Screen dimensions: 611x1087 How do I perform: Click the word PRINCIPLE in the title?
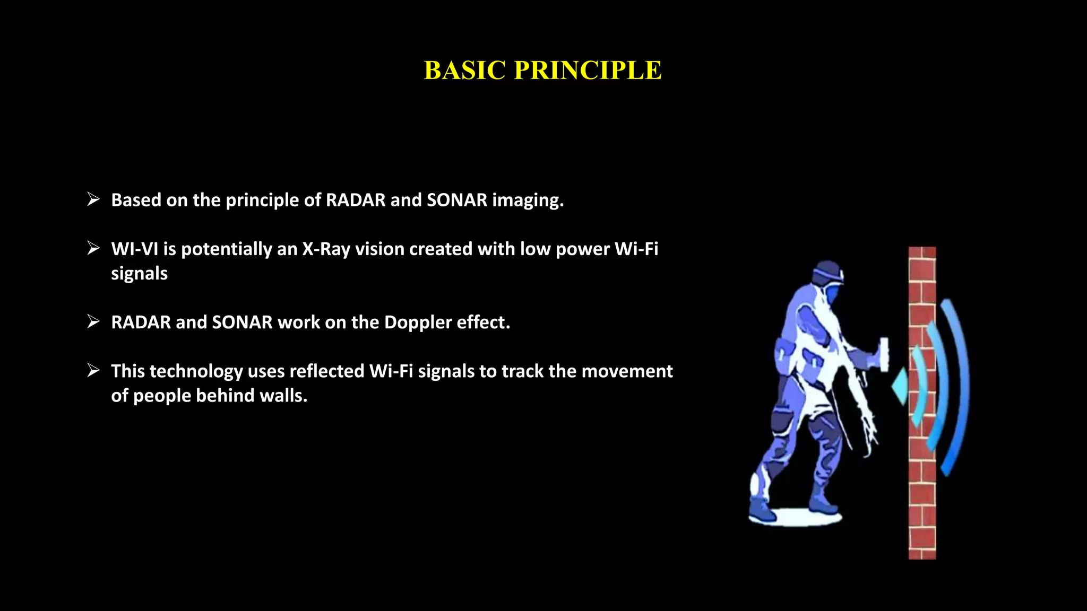coord(588,71)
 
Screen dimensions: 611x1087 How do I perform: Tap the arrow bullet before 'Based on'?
coord(93,199)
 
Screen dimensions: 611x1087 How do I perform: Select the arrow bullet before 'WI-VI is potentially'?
coord(93,248)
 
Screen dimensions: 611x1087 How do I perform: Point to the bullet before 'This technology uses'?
coord(93,370)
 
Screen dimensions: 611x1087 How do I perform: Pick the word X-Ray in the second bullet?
coord(326,249)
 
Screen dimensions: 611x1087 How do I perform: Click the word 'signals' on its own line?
coord(139,274)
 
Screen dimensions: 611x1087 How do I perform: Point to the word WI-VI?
coord(134,249)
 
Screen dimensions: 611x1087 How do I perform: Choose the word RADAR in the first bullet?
coord(355,200)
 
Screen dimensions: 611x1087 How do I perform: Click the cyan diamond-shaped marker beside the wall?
coord(900,387)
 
